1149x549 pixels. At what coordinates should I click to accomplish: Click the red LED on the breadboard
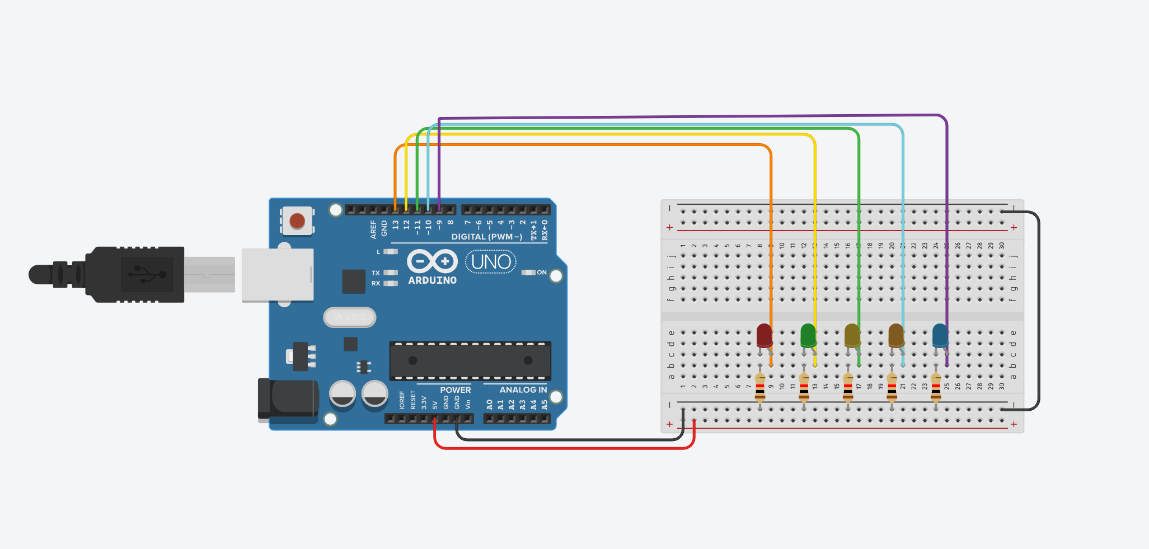tap(764, 335)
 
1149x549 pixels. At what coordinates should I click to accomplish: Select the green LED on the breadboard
tap(808, 335)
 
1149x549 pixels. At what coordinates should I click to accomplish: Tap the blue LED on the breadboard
tap(940, 335)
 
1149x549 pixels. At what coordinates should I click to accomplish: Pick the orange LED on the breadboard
tap(895, 335)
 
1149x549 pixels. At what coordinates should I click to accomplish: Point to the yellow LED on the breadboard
tap(852, 335)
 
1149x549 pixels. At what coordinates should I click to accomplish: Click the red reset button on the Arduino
tap(297, 220)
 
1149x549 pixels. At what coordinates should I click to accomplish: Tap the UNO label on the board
tap(491, 262)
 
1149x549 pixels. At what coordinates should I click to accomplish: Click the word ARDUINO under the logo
tap(432, 280)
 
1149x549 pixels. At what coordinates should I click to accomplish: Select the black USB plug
tap(134, 274)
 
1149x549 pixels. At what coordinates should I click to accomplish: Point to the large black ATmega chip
tap(470, 360)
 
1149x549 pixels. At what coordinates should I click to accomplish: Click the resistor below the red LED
tap(760, 387)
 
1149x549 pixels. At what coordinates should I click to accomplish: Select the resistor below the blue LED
tap(936, 387)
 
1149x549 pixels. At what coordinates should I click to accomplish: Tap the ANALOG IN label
tap(523, 390)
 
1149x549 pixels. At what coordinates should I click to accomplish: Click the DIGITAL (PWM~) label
tap(486, 237)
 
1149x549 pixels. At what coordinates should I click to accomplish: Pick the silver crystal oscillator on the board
tap(350, 317)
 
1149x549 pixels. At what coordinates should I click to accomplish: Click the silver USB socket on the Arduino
tap(278, 275)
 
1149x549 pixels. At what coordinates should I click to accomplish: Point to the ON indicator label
tap(541, 273)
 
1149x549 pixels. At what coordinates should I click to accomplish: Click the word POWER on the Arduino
tap(455, 390)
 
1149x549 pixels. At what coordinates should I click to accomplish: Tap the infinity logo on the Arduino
tap(432, 261)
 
